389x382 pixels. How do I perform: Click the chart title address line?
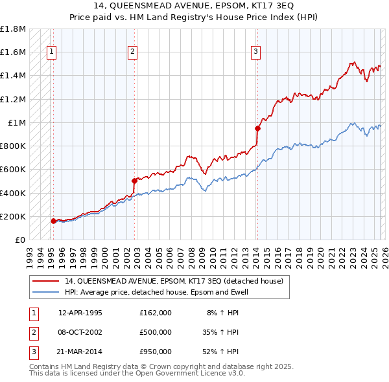pyautogui.click(x=194, y=6)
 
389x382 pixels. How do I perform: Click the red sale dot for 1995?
pyautogui.click(x=53, y=221)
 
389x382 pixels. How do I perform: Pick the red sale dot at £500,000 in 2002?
pyautogui.click(x=134, y=181)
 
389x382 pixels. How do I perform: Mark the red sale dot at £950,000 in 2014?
pyautogui.click(x=257, y=128)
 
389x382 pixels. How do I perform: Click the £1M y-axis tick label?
pyautogui.click(x=16, y=123)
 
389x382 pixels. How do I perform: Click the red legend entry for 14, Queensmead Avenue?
pyautogui.click(x=174, y=282)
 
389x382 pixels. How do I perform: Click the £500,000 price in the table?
pyautogui.click(x=156, y=332)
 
